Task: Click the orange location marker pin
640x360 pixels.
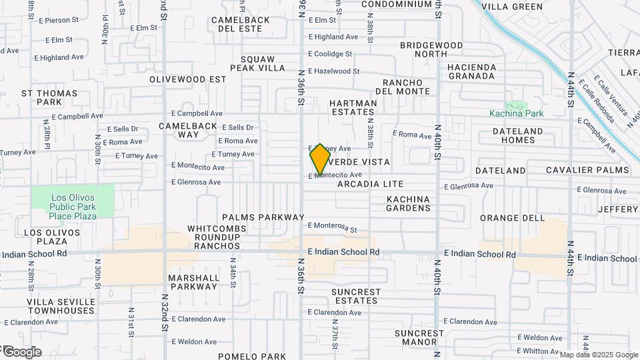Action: pyautogui.click(x=320, y=159)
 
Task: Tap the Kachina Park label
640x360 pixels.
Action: pyautogui.click(x=516, y=113)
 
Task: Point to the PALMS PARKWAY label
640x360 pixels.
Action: pyautogui.click(x=263, y=217)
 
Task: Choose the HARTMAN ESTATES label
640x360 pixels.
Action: pyautogui.click(x=353, y=108)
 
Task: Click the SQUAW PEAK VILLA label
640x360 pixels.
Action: pyautogui.click(x=257, y=63)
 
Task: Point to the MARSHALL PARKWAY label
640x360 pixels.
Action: pyautogui.click(x=193, y=282)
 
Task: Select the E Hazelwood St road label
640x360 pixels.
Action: pyautogui.click(x=333, y=71)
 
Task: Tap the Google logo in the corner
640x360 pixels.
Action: pyautogui.click(x=21, y=352)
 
